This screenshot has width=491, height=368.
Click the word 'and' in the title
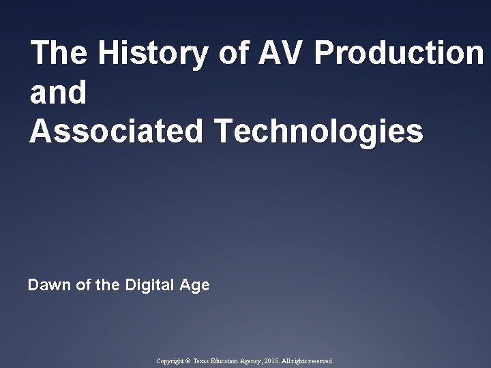click(x=59, y=93)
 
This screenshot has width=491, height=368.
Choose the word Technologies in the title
click(x=318, y=132)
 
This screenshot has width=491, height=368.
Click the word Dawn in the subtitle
click(x=48, y=285)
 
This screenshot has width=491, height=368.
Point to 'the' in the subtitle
click(x=108, y=285)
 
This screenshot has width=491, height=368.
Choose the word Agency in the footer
click(x=263, y=361)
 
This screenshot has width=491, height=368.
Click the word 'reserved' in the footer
click(x=321, y=361)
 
